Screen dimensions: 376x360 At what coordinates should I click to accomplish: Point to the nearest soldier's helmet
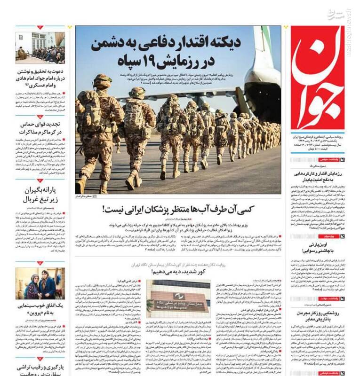102,81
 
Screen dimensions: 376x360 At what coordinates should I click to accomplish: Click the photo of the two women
40,283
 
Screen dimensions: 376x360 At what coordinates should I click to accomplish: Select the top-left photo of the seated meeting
40,47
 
